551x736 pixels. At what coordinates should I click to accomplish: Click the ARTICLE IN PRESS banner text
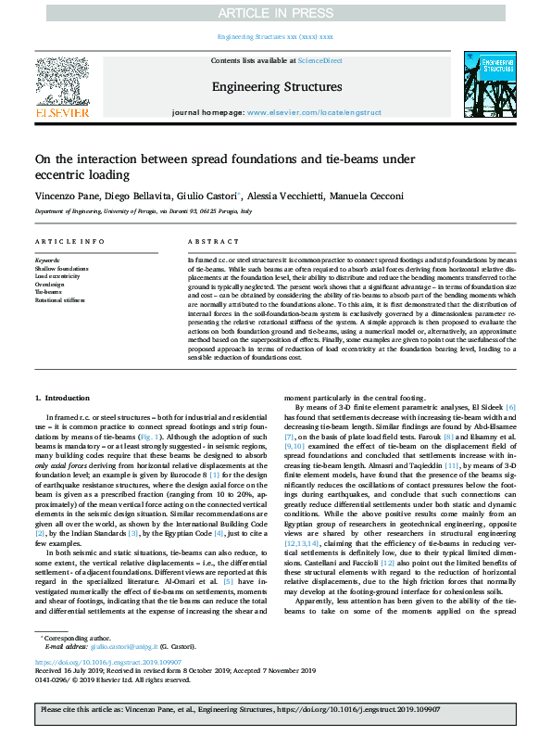[x=275, y=12]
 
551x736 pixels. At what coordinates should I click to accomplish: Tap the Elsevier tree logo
[x=62, y=81]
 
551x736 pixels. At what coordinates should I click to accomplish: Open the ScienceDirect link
[x=321, y=60]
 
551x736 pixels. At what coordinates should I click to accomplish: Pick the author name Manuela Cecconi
[x=369, y=197]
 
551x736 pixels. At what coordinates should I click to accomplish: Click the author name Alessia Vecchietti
[x=287, y=197]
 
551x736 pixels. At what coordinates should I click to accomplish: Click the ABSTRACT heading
[x=207, y=241]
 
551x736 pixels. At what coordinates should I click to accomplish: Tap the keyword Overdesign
[x=50, y=285]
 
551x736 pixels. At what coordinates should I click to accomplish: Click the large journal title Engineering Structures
[x=277, y=87]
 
